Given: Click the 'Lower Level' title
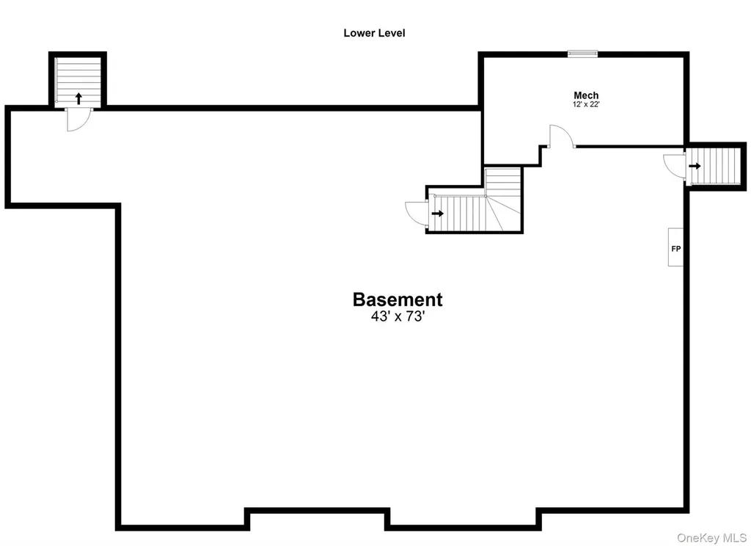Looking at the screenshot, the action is pos(374,33).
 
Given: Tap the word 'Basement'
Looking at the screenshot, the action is pos(398,299).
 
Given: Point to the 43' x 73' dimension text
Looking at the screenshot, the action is pos(398,316).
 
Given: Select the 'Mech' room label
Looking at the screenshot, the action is pos(586,95).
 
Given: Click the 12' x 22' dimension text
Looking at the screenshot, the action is pos(586,104).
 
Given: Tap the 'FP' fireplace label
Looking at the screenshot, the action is pos(675,249).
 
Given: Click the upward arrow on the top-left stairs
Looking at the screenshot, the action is pos(78,99).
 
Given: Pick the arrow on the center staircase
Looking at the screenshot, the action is pos(437,214).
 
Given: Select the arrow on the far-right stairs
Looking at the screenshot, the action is pos(695,166).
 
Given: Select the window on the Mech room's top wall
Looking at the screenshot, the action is pos(582,54).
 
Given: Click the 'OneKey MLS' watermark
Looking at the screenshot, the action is pos(711,538).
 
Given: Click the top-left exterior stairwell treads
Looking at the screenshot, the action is pos(78,80).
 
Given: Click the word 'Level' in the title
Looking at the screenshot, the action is pos(392,33).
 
